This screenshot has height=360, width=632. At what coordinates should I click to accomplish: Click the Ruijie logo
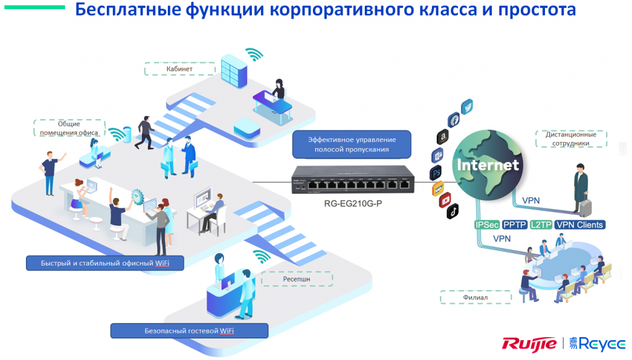tap(529, 344)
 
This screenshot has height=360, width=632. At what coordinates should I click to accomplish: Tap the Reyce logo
tap(597, 344)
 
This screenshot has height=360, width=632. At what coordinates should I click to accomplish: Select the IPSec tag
tap(487, 225)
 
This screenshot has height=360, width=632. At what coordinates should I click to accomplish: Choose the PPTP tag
tap(515, 225)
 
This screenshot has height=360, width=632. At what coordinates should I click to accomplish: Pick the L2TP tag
tap(541, 225)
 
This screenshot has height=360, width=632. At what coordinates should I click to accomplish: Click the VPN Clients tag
tap(580, 225)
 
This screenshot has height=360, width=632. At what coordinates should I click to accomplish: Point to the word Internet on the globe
tap(488, 165)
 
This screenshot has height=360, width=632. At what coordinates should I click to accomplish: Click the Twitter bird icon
tap(467, 107)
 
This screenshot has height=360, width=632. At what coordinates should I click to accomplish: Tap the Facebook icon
tap(454, 120)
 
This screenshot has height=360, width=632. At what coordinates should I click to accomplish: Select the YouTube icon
tap(445, 200)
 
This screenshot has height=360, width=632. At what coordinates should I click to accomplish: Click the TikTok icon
tap(452, 211)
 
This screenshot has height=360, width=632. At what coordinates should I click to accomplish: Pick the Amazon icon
tap(443, 136)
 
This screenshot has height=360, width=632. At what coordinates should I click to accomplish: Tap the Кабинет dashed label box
tap(180, 69)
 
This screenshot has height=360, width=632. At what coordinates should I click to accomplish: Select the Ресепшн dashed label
tap(297, 279)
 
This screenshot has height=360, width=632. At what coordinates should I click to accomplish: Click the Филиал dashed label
tap(476, 298)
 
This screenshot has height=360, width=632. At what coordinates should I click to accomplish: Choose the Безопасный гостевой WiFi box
tap(189, 331)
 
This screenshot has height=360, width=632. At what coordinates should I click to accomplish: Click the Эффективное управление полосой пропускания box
tap(351, 144)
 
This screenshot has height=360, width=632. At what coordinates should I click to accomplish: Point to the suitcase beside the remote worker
tap(585, 208)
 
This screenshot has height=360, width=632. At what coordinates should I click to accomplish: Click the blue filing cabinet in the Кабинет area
tap(234, 71)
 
